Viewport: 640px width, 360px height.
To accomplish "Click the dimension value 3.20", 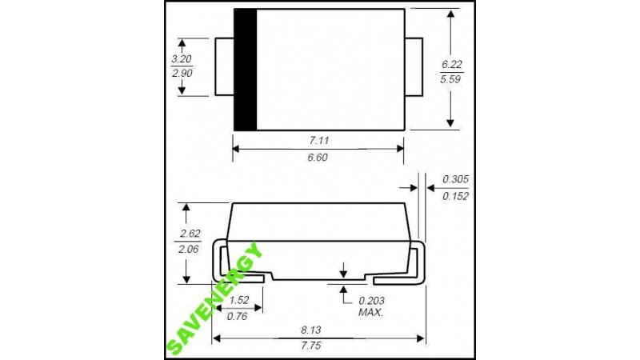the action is click(182, 59).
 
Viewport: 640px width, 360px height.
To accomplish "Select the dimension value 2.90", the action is click(182, 74).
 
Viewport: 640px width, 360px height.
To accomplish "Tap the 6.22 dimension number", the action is click(451, 65).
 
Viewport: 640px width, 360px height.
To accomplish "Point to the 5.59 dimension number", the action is click(450, 79).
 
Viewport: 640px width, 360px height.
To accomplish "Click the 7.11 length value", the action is click(318, 141).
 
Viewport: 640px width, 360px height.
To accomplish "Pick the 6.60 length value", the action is click(318, 158).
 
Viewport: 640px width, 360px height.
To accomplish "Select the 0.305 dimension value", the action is click(455, 179).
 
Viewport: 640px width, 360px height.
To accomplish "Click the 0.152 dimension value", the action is click(455, 196).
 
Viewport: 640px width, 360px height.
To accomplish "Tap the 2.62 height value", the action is click(190, 234).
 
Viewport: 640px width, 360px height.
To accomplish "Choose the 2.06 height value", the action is click(188, 249).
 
